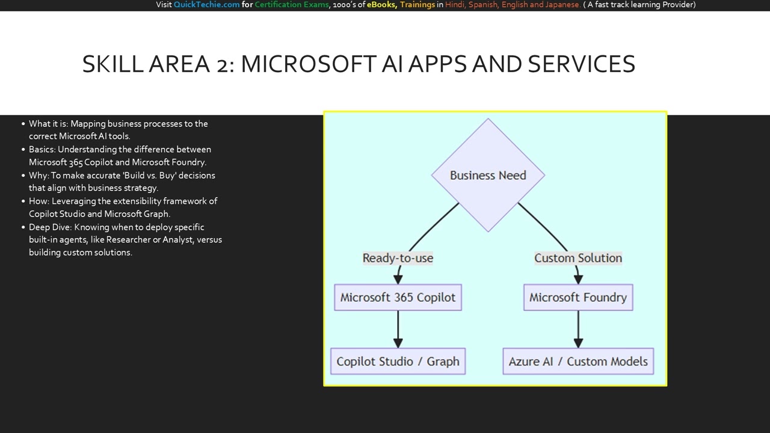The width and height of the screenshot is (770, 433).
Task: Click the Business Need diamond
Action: coord(488,175)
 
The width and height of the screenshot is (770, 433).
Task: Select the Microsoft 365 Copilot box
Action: coord(398,297)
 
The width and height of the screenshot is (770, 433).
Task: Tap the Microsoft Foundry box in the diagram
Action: coord(577,297)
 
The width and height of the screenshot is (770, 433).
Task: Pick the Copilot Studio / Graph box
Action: coord(398,361)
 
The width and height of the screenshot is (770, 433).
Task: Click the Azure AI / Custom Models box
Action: coord(577,361)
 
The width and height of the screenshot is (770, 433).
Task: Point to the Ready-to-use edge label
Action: coord(398,258)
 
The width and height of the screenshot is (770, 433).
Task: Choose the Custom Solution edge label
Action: coord(577,258)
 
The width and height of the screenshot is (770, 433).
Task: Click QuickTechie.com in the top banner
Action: coord(206,5)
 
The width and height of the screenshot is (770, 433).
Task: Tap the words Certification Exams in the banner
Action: coord(292,5)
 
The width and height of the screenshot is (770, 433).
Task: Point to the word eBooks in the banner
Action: coord(381,5)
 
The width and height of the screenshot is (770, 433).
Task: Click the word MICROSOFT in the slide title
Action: coord(308,64)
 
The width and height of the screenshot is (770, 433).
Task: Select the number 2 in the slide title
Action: coord(222,64)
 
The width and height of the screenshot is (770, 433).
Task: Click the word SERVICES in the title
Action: coord(581,64)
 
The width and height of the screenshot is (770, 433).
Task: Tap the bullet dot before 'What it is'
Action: coord(23,124)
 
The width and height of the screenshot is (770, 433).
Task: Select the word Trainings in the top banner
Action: coord(417,5)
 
